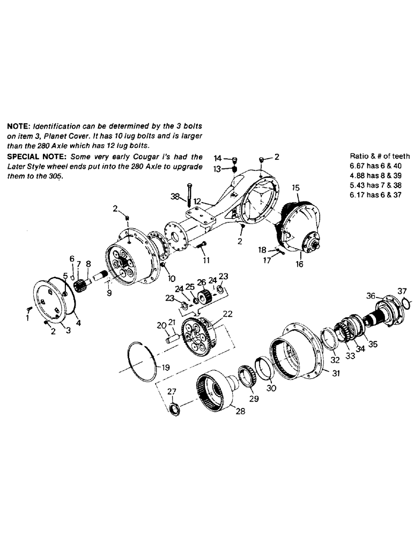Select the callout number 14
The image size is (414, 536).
217,158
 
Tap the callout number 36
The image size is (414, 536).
370,295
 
